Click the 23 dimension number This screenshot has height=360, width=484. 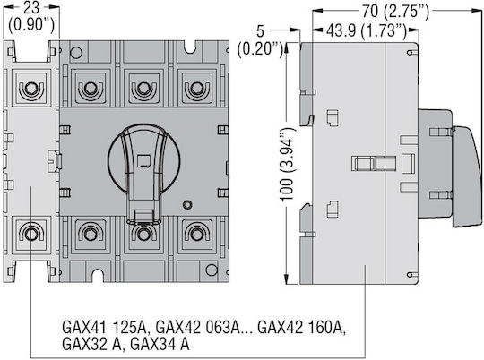pyautogui.click(x=31, y=8)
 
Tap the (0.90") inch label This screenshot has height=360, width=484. pyautogui.click(x=31, y=24)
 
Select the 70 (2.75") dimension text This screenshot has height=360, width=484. pyautogui.click(x=395, y=12)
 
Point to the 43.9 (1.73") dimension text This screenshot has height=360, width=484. pyautogui.click(x=366, y=30)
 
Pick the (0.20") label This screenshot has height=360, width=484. pyautogui.click(x=261, y=48)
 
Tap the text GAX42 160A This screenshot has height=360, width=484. pyautogui.click(x=301, y=327)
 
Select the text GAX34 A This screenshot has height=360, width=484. pyautogui.click(x=160, y=344)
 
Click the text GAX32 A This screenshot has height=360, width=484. pyautogui.click(x=93, y=344)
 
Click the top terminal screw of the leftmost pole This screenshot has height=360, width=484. pyautogui.click(x=31, y=89)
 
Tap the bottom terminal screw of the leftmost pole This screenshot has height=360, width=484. pyautogui.click(x=31, y=234)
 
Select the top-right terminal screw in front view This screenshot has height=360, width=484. pyautogui.click(x=196, y=89)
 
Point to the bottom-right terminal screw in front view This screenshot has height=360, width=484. pyautogui.click(x=196, y=234)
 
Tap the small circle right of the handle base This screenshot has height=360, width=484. pyautogui.click(x=187, y=204)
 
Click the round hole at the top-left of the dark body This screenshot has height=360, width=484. pyautogui.click(x=76, y=53)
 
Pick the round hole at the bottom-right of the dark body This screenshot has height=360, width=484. pyautogui.click(x=212, y=270)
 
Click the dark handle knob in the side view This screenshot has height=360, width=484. pyautogui.click(x=467, y=176)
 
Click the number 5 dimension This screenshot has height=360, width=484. pyautogui.click(x=261, y=30)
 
